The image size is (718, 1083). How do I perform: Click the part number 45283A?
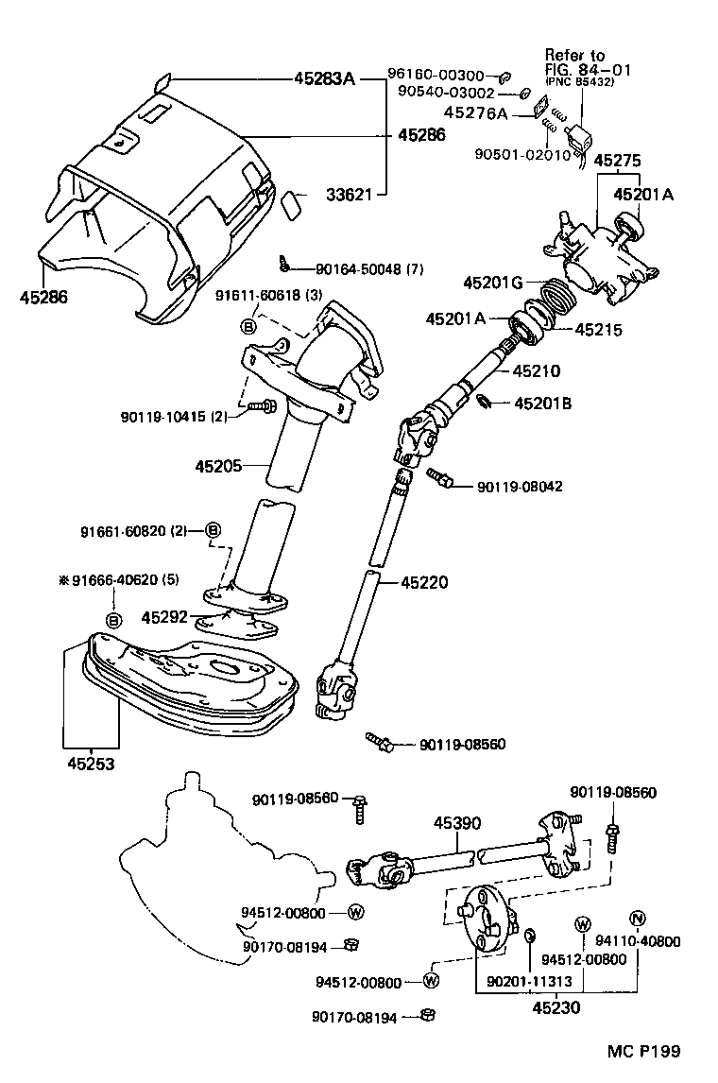(x=321, y=79)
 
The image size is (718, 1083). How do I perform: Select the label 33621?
(x=348, y=196)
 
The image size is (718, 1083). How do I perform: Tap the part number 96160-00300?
(x=436, y=76)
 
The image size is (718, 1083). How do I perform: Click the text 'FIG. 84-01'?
(x=588, y=70)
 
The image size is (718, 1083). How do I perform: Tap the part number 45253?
(x=91, y=764)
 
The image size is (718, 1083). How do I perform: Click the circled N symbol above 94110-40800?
(x=637, y=918)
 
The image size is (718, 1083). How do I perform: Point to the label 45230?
(x=555, y=1007)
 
